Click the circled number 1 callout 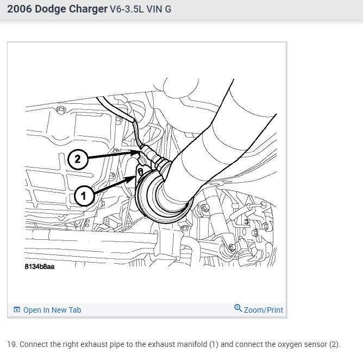(84, 196)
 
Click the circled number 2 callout (78, 159)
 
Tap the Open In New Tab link (52, 310)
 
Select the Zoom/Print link (264, 310)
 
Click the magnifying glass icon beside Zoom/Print (238, 308)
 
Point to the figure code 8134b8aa (40, 266)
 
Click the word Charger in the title (88, 9)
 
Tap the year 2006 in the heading (20, 9)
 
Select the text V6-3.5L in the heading (127, 9)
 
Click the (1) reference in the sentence (214, 344)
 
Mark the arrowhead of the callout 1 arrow (132, 178)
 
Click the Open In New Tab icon (17, 310)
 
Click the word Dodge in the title (50, 9)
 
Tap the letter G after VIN (168, 9)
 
